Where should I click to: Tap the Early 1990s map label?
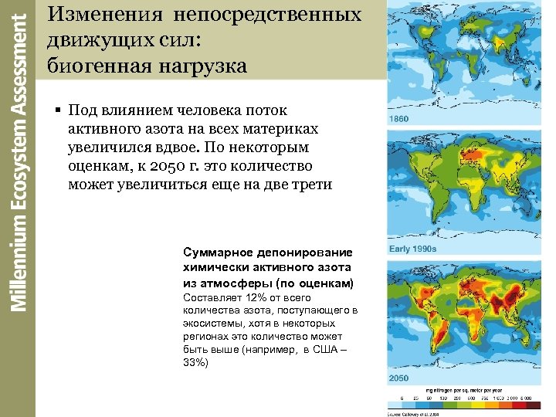point(414,249)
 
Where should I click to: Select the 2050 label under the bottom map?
point(400,378)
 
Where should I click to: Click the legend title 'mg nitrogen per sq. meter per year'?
point(463,392)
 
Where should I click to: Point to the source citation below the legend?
point(416,413)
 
